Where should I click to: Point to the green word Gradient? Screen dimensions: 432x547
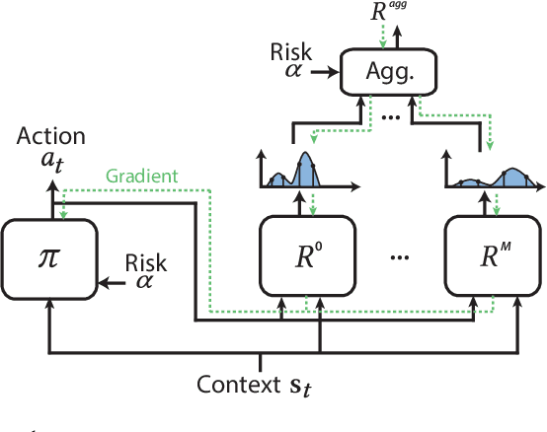point(142,177)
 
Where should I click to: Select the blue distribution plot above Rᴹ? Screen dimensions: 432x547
point(491,177)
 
